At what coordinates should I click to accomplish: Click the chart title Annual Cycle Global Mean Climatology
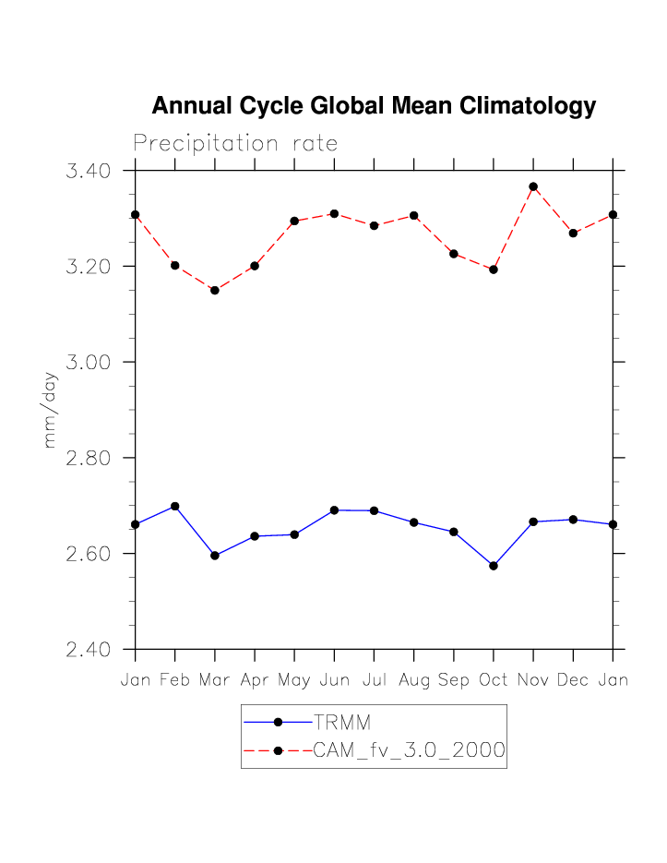coord(374,106)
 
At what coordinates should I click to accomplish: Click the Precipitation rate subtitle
coord(235,144)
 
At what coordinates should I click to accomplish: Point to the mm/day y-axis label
coord(51,410)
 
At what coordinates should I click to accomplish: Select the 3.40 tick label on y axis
coord(89,171)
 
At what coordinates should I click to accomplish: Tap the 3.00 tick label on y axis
coord(89,362)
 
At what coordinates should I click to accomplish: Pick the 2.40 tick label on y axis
coord(89,650)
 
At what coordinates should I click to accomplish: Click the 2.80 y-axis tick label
coord(89,458)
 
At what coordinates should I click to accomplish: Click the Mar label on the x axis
coord(214,681)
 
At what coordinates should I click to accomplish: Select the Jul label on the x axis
coord(374,681)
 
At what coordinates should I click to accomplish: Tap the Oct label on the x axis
coord(494,681)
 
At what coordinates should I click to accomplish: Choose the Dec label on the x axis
coord(573,681)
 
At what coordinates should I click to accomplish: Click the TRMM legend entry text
coord(342,722)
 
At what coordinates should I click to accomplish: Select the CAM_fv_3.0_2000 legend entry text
coord(409,750)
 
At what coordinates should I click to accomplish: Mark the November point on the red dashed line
coord(533,186)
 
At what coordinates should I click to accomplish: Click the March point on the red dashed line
coord(215,290)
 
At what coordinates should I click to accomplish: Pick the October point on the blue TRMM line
coord(494,566)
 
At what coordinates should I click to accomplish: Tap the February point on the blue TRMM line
coord(175,506)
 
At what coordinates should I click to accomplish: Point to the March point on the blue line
coord(215,556)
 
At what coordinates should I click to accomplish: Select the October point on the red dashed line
coord(494,270)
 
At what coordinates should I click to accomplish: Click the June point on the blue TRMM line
coord(334,509)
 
